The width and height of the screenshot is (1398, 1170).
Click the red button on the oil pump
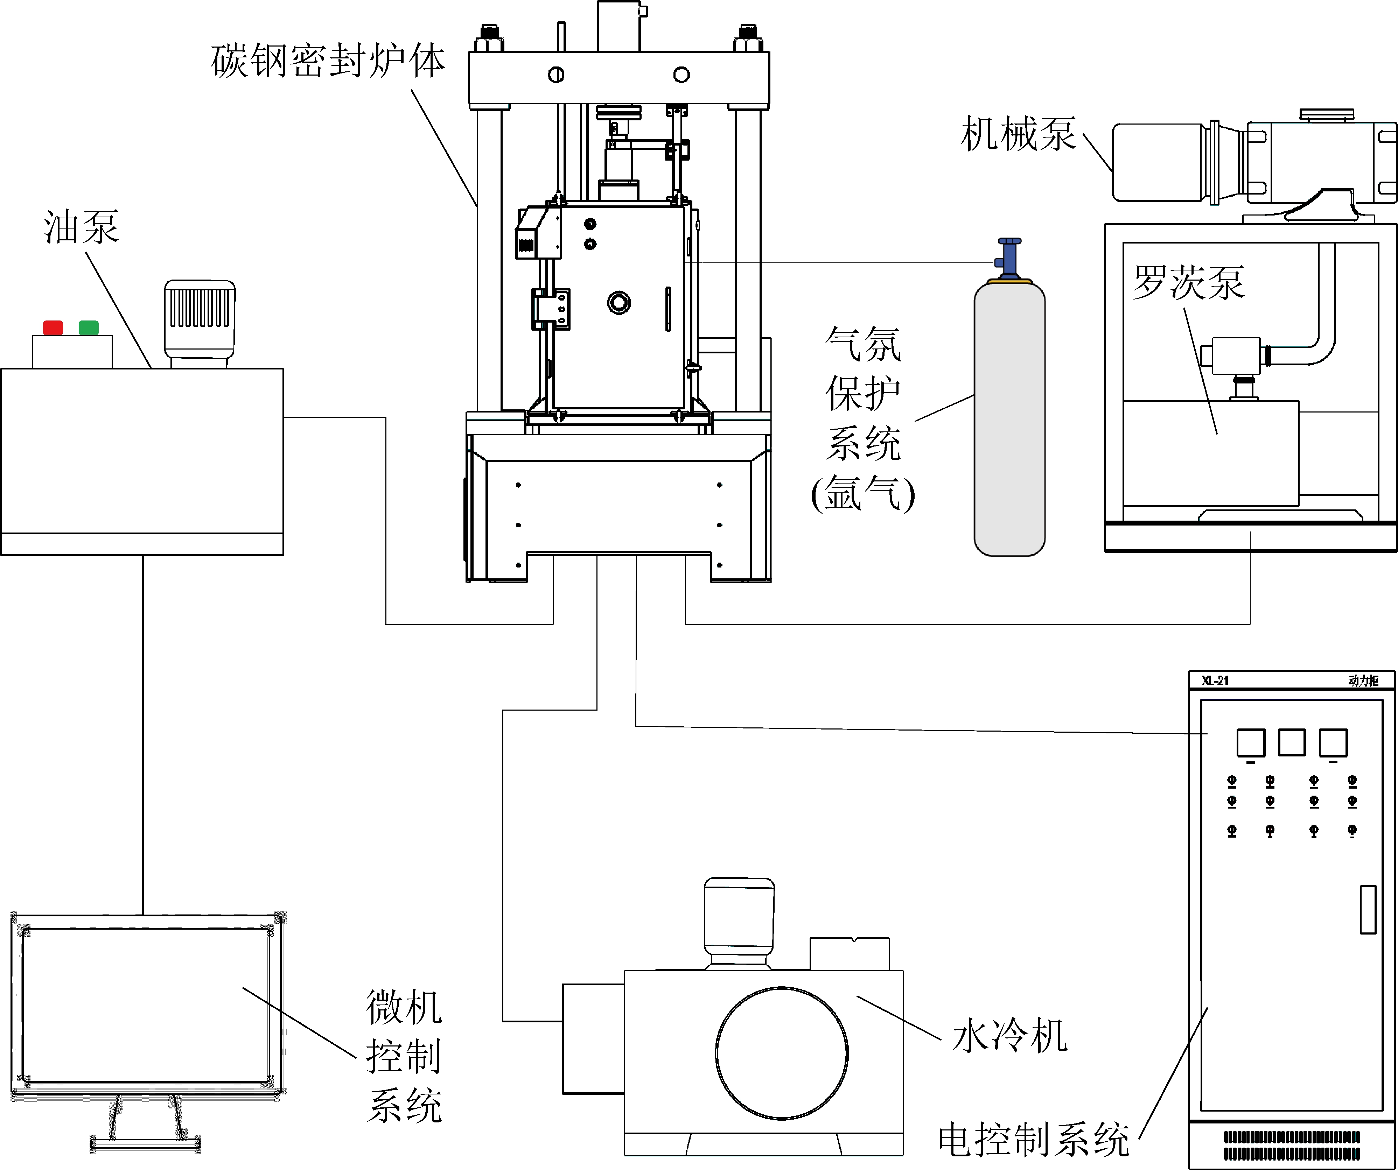[x=53, y=327]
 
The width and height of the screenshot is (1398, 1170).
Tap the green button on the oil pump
[x=89, y=327]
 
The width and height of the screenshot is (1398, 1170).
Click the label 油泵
[x=81, y=227]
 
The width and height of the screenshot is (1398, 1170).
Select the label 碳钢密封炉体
[x=328, y=61]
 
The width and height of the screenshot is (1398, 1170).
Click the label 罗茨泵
[x=1188, y=283]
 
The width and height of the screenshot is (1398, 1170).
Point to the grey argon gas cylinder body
[x=1009, y=419]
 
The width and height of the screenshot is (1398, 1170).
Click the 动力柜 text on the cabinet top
[x=1363, y=680]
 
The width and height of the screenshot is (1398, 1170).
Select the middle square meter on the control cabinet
[x=1292, y=742]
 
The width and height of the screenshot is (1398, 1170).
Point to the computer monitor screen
[x=146, y=1005]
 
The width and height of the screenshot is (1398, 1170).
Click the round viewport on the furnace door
[x=618, y=303]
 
